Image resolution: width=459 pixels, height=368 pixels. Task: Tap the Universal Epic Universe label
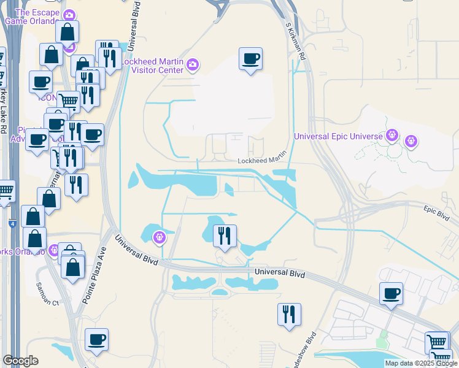pos(338,136)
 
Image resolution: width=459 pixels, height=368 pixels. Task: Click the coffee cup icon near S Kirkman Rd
pos(250,59)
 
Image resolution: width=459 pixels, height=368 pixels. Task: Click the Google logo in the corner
pos(20,361)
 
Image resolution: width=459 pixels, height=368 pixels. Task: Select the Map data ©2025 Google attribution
pos(421,363)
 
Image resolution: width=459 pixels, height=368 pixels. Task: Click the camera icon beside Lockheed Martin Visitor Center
pos(193,64)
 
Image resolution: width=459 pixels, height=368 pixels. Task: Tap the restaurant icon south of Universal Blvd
pos(289,314)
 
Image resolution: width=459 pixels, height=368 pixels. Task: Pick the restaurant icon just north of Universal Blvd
pos(225,236)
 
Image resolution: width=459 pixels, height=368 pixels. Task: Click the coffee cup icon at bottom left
pos(96,339)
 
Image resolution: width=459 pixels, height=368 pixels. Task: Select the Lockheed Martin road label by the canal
pos(263,161)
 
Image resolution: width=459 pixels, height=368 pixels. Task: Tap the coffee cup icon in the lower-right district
pos(391,293)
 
